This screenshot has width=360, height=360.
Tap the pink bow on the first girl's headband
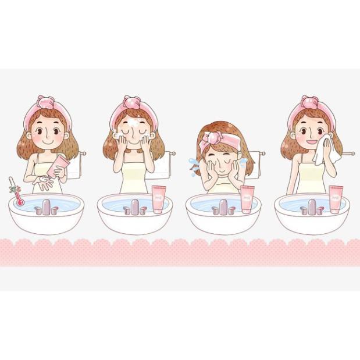coord(47,105)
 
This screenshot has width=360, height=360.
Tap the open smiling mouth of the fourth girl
coord(312,141)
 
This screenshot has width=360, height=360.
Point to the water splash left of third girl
coord(193,165)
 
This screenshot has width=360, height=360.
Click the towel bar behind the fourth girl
coord(347,154)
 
